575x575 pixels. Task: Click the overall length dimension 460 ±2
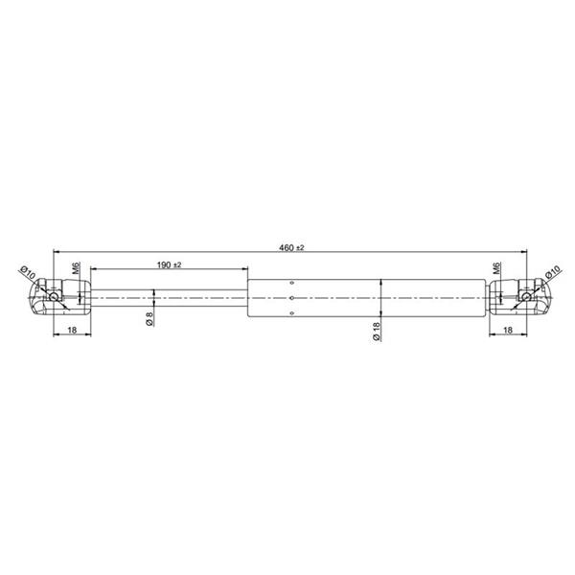pos(291,248)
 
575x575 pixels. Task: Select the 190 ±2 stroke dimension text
pos(169,264)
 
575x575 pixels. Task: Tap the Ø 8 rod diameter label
pos(149,319)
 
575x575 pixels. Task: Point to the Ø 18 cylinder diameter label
pos(377,332)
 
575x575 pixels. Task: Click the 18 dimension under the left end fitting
pos(72,330)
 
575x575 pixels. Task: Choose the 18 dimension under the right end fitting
pos(508,330)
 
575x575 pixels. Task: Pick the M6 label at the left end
pos(77,268)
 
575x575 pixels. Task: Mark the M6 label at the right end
pos(496,268)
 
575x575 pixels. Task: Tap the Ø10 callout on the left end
pos(28,272)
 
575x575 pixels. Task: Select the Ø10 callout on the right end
pos(553,272)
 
